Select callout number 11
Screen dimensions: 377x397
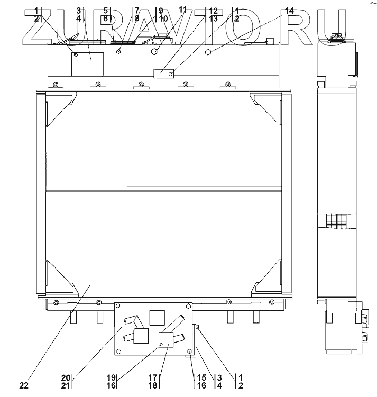point(182,10)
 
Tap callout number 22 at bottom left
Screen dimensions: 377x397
point(24,386)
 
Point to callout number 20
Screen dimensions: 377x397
point(66,378)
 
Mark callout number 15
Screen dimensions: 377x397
point(201,378)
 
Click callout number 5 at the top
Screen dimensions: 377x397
point(106,11)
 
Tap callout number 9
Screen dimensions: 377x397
point(161,11)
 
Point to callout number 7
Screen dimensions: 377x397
point(137,11)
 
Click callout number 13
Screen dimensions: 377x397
point(213,19)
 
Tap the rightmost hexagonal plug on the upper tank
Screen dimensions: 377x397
point(209,51)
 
